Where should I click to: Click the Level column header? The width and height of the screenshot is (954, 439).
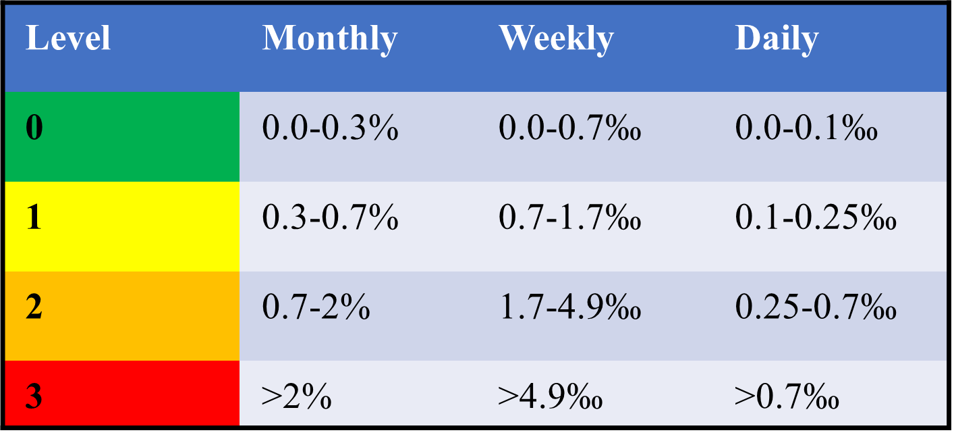point(67,38)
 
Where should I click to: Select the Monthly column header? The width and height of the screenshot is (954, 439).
point(329,38)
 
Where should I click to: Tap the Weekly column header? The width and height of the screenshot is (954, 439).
point(556,38)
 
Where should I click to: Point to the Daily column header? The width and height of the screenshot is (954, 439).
point(777,38)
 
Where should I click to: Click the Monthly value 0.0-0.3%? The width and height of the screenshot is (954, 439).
point(330,128)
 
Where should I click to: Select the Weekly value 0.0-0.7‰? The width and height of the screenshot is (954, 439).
point(569,128)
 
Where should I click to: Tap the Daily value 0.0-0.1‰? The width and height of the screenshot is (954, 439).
point(806,128)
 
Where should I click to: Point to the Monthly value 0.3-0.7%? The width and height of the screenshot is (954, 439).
point(330,219)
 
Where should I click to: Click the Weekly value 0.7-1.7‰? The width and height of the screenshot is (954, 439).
point(569,219)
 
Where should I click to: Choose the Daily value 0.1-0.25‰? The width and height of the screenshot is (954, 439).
point(816,219)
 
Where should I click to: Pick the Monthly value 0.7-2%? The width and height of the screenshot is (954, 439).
point(316,308)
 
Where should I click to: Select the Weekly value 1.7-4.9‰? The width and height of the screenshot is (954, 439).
point(569,308)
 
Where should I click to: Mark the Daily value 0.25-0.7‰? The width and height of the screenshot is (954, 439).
point(816,308)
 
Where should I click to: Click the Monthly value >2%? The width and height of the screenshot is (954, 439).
point(296,397)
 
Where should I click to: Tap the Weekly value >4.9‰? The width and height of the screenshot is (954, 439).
point(550,397)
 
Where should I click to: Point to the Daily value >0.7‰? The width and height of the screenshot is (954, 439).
point(787,397)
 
